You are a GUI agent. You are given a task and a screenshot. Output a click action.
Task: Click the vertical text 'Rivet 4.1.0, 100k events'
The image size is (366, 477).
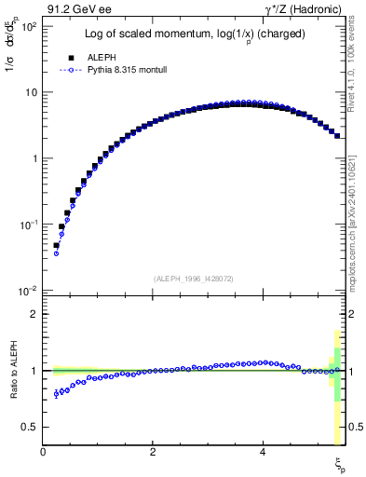tap(357, 65)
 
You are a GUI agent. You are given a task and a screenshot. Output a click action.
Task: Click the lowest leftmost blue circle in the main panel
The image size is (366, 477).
tap(56, 253)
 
